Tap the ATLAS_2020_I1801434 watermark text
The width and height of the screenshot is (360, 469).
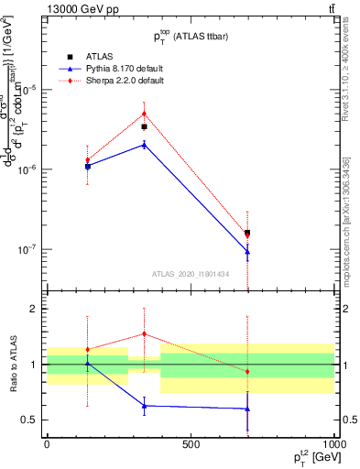[190, 274]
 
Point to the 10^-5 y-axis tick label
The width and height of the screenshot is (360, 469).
[27, 90]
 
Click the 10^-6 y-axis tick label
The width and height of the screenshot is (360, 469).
[27, 169]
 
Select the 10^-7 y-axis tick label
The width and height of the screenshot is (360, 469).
[27, 249]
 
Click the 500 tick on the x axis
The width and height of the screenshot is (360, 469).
[191, 444]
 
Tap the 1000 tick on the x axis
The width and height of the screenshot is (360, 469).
[333, 444]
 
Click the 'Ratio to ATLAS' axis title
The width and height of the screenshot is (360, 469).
[11, 365]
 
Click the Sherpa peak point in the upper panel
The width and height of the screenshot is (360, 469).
[144, 114]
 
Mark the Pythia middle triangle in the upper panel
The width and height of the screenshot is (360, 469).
[144, 144]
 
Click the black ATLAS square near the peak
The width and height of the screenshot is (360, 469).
[144, 127]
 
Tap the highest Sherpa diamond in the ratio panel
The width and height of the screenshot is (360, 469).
[144, 334]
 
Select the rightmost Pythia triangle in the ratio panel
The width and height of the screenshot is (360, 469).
[247, 409]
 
